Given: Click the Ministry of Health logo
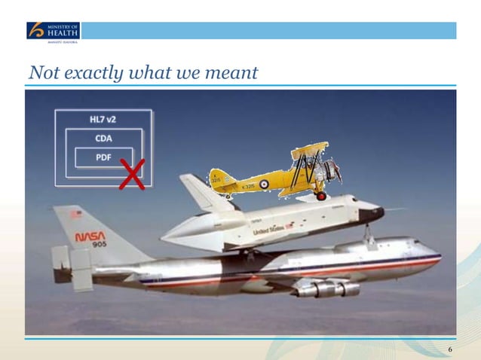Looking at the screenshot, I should click(53, 32).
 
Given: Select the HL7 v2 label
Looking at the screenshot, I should click(103, 121).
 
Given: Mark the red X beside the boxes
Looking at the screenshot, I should click(133, 175).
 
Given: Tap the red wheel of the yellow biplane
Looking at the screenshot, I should click(321, 196).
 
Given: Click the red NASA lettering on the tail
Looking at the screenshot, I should click(90, 236).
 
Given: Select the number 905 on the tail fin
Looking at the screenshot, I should click(99, 246).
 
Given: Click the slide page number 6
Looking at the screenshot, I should click(450, 349).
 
